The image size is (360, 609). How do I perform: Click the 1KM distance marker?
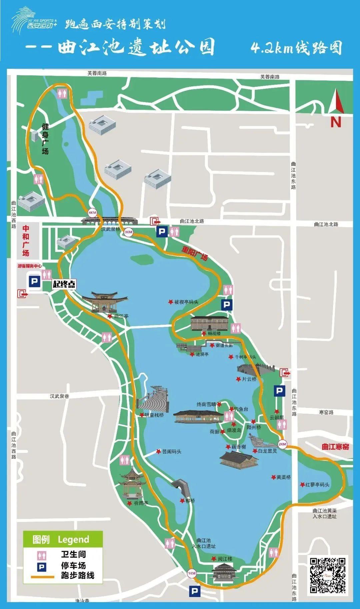pos(192,573)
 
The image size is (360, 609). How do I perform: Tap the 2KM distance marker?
pos(282,444)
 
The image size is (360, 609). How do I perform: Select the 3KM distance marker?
pos(128,232)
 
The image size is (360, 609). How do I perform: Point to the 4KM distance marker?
pos(92,212)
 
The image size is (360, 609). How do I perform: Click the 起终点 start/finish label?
pos(64,284)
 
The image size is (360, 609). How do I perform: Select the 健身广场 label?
pos(45,139)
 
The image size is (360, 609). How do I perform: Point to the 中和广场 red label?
pos(26,241)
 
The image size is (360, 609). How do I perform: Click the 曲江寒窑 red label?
pos(335,447)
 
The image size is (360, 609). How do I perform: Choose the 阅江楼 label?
pos(225,559)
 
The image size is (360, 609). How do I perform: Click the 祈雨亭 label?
pos(141,503)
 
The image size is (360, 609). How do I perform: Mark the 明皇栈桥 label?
pos(154,415)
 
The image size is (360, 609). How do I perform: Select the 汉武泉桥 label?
pos(111,229)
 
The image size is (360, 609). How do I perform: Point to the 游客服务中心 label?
pos(30,266)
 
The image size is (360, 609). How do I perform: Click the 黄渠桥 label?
pos(283,477)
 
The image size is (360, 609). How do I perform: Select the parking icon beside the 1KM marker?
pos(194,591)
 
